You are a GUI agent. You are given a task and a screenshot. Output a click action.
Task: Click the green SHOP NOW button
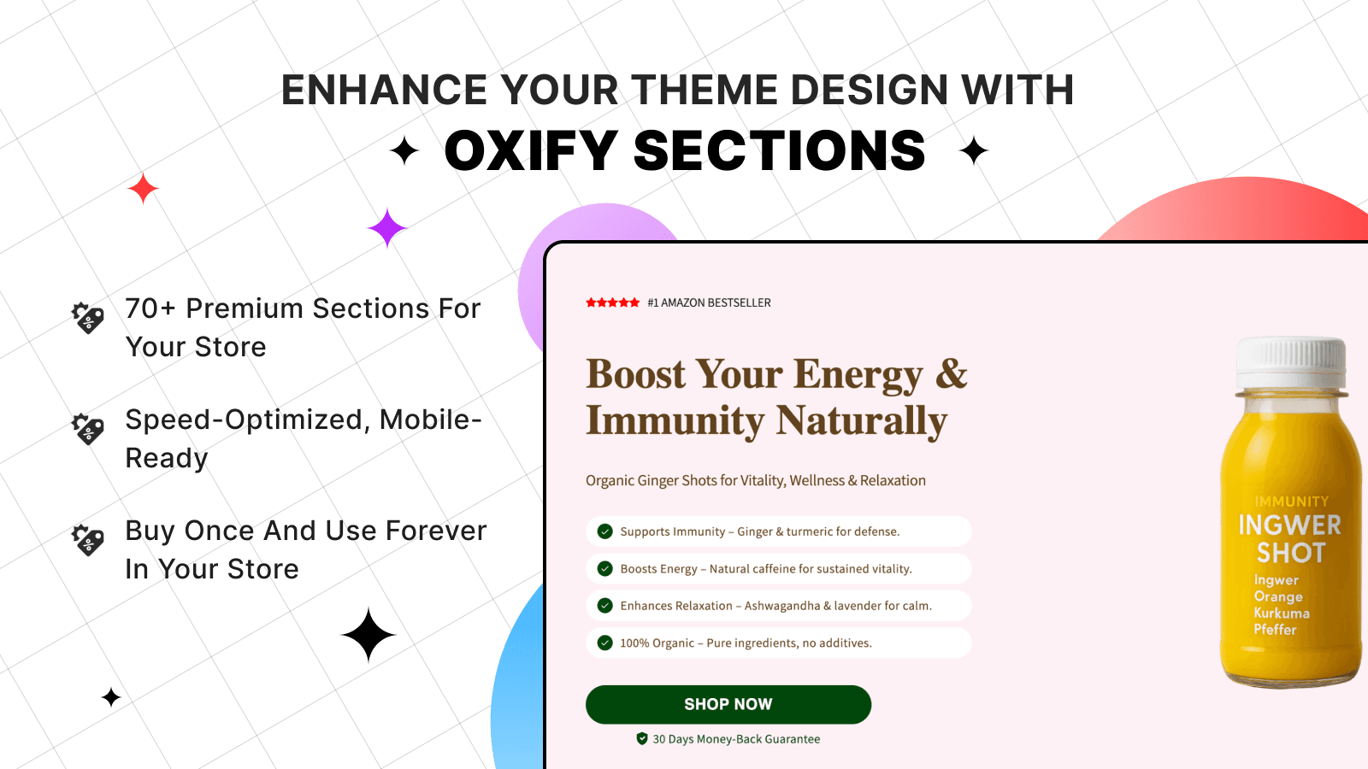[x=728, y=704]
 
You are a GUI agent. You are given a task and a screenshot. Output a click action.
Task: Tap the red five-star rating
[x=612, y=302]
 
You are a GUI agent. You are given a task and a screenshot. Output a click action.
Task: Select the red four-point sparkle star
[x=143, y=189]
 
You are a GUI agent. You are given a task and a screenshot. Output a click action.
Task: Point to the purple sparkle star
[x=386, y=228]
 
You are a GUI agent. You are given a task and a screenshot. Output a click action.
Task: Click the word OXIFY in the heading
[x=530, y=151]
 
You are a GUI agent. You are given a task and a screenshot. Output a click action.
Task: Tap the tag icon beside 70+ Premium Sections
[x=88, y=318]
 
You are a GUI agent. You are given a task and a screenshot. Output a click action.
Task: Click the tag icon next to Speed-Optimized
[x=88, y=429]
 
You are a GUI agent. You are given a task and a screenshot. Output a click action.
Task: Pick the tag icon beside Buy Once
[x=88, y=540]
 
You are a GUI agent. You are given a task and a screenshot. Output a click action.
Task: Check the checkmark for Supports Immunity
[x=605, y=531]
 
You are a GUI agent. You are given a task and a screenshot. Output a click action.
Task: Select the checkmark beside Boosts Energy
[x=605, y=569]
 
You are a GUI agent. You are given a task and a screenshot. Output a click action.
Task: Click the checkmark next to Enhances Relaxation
[x=605, y=606]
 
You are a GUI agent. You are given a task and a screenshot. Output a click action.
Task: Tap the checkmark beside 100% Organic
[x=605, y=643]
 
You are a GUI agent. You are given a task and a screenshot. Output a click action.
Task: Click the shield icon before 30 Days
[x=642, y=739]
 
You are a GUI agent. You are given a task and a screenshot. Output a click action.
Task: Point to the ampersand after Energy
[x=951, y=374]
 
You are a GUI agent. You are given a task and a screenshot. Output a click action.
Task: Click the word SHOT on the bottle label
[x=1290, y=554]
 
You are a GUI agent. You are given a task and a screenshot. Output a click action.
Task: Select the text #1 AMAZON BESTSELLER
[x=709, y=302]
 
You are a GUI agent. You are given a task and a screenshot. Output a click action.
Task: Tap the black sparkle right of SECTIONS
[x=973, y=151]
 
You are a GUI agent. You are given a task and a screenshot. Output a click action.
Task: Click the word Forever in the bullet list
[x=435, y=531]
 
